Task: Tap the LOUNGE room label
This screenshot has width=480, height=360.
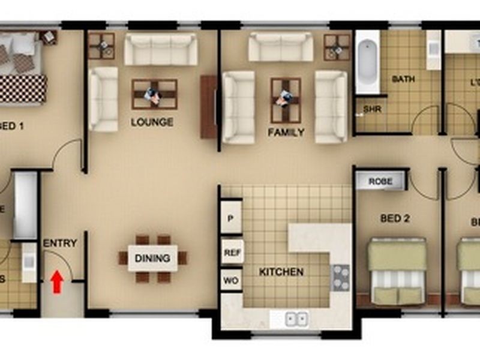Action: click(152, 122)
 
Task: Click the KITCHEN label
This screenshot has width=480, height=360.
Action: click(281, 272)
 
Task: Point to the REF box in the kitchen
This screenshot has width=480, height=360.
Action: click(232, 253)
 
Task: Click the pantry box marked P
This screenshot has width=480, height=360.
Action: click(231, 220)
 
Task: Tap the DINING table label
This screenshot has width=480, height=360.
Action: click(152, 259)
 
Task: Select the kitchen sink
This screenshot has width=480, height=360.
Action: click(296, 319)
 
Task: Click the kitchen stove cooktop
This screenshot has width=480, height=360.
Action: click(341, 277)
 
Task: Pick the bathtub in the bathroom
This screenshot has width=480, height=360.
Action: click(367, 63)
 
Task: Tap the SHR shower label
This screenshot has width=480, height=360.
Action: click(372, 110)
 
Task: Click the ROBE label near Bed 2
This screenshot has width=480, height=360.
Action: click(380, 181)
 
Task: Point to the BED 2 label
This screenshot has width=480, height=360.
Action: click(395, 218)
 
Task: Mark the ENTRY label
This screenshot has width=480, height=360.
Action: click(60, 243)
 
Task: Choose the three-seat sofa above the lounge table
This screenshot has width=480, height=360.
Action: click(161, 49)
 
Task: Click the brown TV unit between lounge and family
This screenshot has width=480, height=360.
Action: click(208, 107)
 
